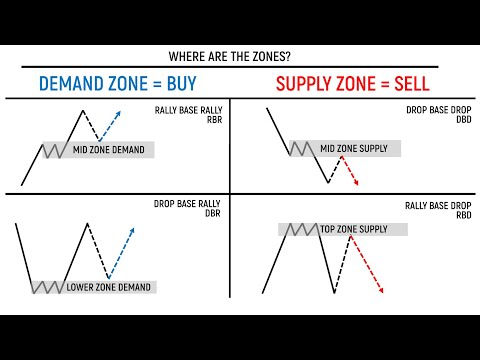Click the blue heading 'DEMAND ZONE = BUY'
pos(117,83)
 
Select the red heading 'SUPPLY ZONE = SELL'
pos(356,83)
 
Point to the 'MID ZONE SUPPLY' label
pos(353,148)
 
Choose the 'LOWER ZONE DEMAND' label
pos(109,287)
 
